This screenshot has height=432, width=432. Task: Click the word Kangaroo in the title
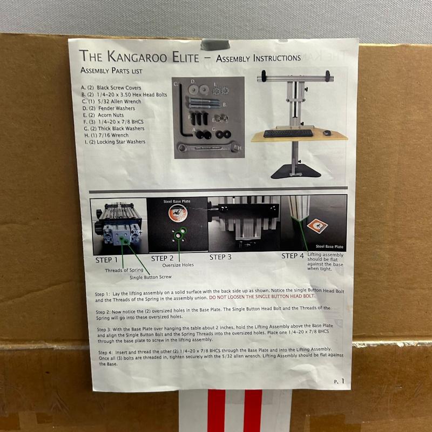(x=137, y=57)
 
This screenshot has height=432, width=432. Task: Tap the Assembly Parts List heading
(x=111, y=71)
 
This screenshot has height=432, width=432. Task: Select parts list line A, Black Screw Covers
(x=111, y=87)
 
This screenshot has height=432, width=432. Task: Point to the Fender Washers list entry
(x=109, y=109)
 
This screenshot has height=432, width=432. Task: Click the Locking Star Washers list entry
(x=115, y=142)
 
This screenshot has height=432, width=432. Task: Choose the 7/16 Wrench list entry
(x=106, y=136)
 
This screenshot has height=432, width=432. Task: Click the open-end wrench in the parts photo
(x=208, y=147)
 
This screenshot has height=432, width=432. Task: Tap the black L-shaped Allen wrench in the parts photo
(x=184, y=110)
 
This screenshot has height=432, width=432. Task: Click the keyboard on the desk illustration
(x=288, y=133)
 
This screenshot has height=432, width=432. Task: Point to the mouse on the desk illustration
(x=327, y=133)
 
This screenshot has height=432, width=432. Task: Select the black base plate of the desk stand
(x=295, y=171)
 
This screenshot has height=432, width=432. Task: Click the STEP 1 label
(x=106, y=260)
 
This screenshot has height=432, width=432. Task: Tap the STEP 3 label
(x=220, y=257)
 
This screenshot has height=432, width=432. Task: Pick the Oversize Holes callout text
(x=178, y=265)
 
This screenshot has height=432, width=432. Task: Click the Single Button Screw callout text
(x=151, y=277)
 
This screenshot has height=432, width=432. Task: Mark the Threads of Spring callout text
(x=124, y=271)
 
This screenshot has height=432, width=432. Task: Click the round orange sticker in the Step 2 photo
(x=178, y=213)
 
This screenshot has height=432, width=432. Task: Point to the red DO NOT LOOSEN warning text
(x=262, y=296)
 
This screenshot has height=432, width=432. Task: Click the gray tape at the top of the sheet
(x=215, y=45)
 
